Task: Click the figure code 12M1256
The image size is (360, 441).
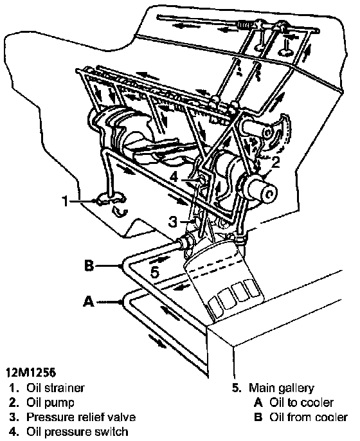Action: pos(31,372)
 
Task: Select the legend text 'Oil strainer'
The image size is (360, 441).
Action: pos(55,388)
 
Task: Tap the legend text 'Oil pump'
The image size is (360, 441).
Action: pos(50,402)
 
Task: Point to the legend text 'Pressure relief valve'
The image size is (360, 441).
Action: pos(81,417)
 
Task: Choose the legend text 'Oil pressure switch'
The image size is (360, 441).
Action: pos(77,432)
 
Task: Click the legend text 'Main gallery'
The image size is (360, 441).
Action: pos(282,388)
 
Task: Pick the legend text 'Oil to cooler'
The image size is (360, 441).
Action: pos(301,402)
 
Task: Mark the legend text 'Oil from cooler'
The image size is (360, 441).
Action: pos(309,417)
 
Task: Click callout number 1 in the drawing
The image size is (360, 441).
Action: pos(66,201)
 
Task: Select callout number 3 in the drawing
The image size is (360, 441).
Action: pos(173,222)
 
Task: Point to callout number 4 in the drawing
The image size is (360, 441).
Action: pos(174,177)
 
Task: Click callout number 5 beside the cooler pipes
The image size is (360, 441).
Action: pos(155,272)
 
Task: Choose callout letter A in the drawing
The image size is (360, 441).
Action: pos(89,301)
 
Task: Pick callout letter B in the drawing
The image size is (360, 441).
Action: pos(89,265)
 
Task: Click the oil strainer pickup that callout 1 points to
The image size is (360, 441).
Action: pos(111,199)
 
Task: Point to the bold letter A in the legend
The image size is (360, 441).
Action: pos(258,402)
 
